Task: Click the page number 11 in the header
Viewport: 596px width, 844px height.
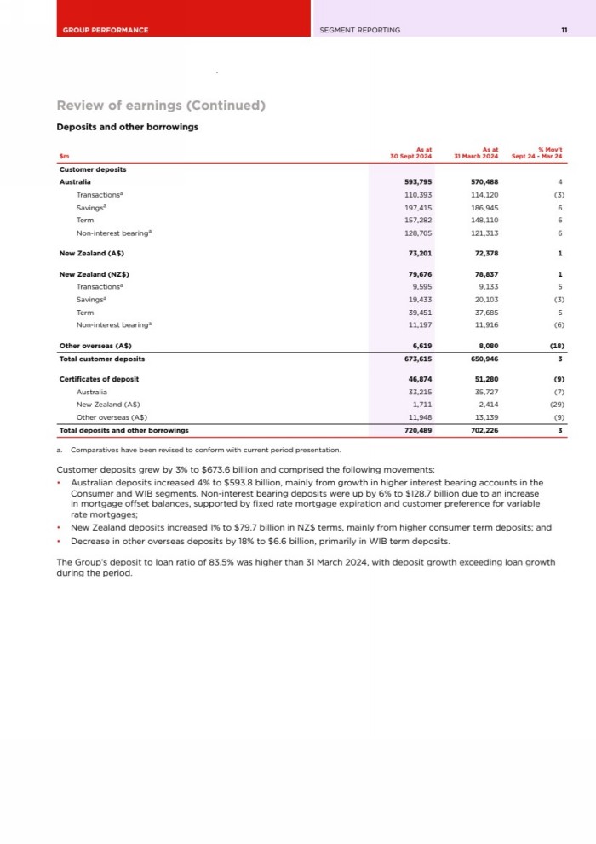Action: click(x=564, y=30)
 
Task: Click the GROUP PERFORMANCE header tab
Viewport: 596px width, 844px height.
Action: click(x=106, y=30)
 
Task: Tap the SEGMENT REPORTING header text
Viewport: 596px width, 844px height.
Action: click(x=359, y=30)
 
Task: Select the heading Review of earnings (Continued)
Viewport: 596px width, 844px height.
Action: click(x=161, y=106)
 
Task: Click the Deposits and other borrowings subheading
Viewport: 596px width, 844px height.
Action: click(x=127, y=128)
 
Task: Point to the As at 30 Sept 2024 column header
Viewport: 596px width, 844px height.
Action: click(x=412, y=153)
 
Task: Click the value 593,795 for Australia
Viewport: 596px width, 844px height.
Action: click(x=418, y=182)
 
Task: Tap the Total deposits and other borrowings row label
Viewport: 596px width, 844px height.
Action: click(x=123, y=430)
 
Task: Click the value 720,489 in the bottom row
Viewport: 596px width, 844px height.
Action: click(x=418, y=430)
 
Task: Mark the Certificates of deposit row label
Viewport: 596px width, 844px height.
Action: click(x=99, y=378)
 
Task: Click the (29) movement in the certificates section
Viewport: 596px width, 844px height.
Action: click(x=558, y=405)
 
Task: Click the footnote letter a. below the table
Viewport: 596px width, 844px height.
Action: click(x=60, y=449)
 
